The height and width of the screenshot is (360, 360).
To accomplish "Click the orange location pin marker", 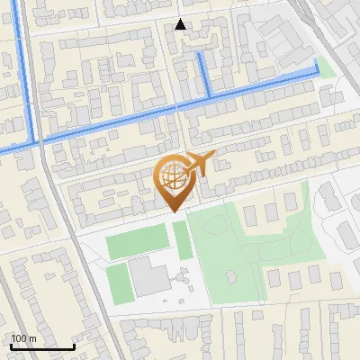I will click(173, 181).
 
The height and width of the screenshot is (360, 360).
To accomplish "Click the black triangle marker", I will click(180, 24).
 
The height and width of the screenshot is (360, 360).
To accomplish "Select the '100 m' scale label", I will click(23, 338).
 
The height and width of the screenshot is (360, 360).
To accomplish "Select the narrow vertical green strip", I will click(183, 240).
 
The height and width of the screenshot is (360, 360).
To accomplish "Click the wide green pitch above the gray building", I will click(137, 243).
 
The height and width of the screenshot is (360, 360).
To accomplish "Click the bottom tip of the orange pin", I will click(172, 211).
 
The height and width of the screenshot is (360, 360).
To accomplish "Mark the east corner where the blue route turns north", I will click(316, 72).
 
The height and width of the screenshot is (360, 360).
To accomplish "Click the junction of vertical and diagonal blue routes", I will click(36, 141).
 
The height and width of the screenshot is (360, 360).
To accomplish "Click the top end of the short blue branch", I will click(199, 54).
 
